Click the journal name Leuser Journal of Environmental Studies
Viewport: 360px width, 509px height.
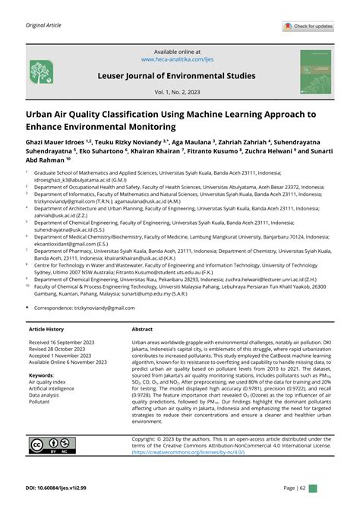click(x=180, y=77)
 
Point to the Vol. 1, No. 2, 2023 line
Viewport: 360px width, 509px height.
click(x=180, y=92)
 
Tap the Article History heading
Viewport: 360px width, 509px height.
click(x=46, y=330)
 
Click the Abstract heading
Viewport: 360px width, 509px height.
click(x=142, y=330)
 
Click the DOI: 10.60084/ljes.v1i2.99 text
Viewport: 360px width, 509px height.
click(x=62, y=487)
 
